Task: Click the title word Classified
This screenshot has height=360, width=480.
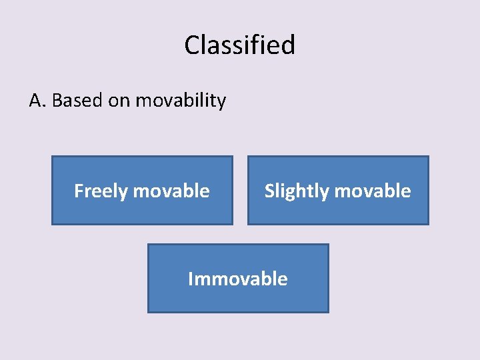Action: (239, 45)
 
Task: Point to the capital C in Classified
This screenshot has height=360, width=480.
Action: (192, 45)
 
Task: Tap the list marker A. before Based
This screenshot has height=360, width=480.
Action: (37, 101)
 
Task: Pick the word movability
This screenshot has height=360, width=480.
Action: (181, 101)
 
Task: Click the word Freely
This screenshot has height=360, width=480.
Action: (101, 191)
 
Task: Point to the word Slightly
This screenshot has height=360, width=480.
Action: (295, 191)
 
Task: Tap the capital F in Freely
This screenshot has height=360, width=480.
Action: (79, 191)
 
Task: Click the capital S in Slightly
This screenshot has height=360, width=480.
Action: (270, 191)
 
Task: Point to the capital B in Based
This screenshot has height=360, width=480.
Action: (57, 101)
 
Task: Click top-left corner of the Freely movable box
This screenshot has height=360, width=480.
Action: (52, 157)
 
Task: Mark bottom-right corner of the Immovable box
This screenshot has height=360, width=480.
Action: (328, 312)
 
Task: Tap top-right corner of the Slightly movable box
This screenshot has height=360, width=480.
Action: (428, 157)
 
